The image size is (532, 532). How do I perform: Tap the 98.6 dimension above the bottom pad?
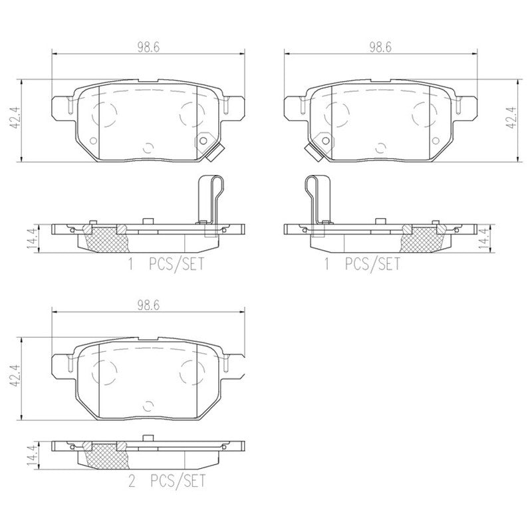point(147,307)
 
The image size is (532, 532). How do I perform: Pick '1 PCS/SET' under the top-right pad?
point(362,265)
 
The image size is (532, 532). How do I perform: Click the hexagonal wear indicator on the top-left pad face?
point(207,141)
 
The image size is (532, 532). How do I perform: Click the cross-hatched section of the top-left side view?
point(104,237)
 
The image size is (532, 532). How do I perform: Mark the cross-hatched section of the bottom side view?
point(104,456)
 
